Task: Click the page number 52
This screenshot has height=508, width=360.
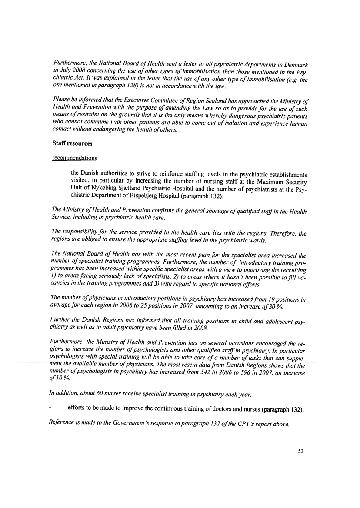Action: point(300,451)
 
